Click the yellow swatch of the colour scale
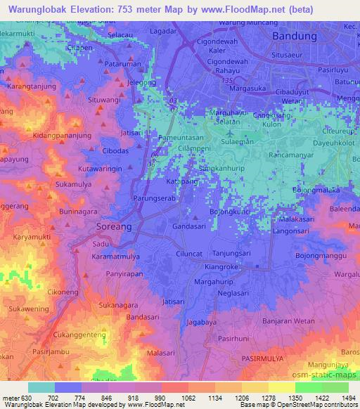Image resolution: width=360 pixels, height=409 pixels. point(282,387)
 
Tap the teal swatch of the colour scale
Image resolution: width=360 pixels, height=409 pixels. point(41,387)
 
